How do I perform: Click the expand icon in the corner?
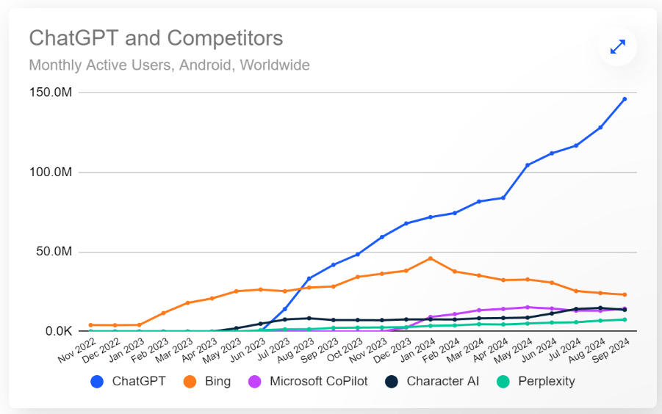pyautogui.click(x=618, y=47)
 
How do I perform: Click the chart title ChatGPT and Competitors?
pyautogui.click(x=156, y=38)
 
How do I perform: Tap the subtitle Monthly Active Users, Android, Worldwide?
pyautogui.click(x=169, y=65)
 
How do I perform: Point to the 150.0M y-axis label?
pyautogui.click(x=51, y=92)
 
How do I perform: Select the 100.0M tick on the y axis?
pyautogui.click(x=51, y=172)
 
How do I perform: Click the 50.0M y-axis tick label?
pyautogui.click(x=54, y=252)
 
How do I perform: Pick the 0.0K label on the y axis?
pyautogui.click(x=59, y=331)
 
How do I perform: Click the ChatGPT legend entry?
pyautogui.click(x=128, y=382)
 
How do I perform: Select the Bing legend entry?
pyautogui.click(x=207, y=382)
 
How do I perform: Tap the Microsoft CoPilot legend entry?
pyautogui.click(x=308, y=382)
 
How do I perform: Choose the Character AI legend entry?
pyautogui.click(x=432, y=382)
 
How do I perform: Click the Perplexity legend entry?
pyautogui.click(x=536, y=382)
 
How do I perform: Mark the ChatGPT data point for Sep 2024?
pyautogui.click(x=625, y=99)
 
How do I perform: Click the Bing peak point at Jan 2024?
pyautogui.click(x=431, y=258)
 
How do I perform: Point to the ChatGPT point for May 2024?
pyautogui.click(x=528, y=165)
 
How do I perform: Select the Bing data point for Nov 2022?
pyautogui.click(x=90, y=325)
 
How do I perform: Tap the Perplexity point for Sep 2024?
pyautogui.click(x=625, y=319)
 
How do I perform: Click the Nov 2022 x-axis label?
pyautogui.click(x=77, y=351)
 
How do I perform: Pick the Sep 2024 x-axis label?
pyautogui.click(x=611, y=351)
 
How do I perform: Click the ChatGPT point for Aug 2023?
pyautogui.click(x=309, y=279)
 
